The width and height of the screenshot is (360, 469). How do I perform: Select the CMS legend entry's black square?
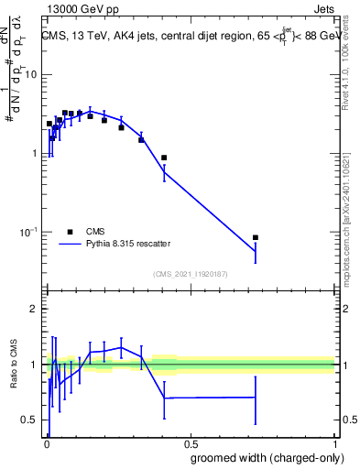70,232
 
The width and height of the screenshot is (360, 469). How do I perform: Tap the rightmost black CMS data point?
256,238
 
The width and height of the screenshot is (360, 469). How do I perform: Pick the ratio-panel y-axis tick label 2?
38,309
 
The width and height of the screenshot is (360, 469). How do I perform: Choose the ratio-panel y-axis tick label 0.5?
33,420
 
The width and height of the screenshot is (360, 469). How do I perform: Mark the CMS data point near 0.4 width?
164,158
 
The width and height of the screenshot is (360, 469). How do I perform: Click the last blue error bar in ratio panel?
256,398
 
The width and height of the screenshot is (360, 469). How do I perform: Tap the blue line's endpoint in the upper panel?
256,252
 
